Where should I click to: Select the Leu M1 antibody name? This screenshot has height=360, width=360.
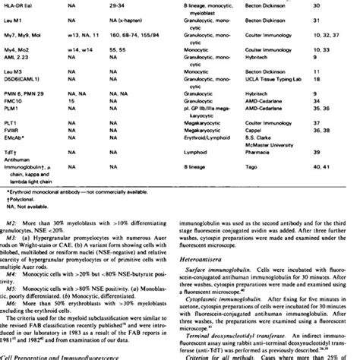(x=12, y=24)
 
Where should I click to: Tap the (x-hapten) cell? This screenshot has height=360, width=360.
(x=132, y=24)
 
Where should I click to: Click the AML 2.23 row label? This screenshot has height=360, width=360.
(x=15, y=66)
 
